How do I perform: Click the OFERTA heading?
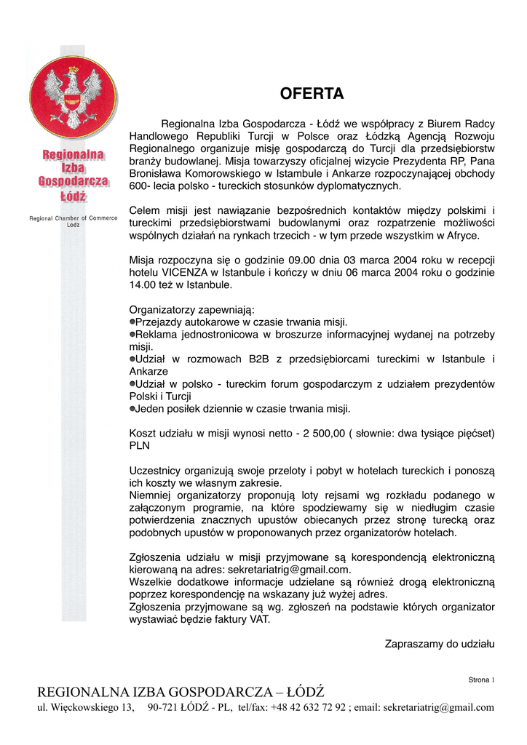(312, 94)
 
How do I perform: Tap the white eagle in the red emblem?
(73, 93)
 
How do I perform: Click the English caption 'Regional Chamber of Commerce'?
(74, 218)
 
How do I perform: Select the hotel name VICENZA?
(189, 272)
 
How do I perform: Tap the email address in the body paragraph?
(290, 570)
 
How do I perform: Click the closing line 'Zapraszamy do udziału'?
(439, 643)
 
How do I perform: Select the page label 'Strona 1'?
(480, 680)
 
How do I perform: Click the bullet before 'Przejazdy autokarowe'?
(132, 322)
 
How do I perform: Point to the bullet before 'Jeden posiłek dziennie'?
(132, 408)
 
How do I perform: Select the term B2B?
(258, 359)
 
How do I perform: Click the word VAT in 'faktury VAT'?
(259, 620)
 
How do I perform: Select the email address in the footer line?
(438, 707)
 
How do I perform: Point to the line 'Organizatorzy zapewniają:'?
(191, 309)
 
